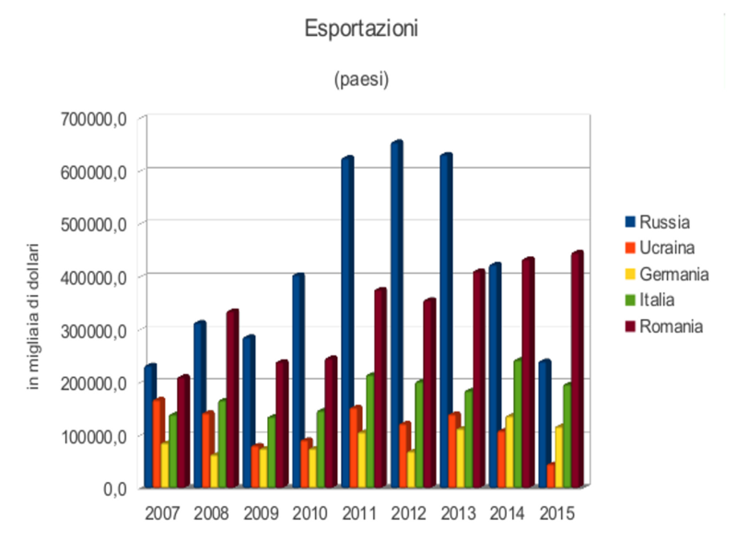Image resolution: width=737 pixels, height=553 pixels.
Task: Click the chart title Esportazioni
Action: tap(361, 29)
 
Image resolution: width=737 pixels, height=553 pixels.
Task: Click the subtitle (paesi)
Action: tap(361, 79)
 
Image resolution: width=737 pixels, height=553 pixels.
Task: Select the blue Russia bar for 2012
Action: tap(396, 313)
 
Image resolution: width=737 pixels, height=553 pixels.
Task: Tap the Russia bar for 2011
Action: tap(346, 323)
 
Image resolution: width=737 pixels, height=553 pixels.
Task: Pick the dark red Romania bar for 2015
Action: tap(577, 369)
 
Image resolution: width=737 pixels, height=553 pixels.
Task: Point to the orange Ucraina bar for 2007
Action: tap(158, 442)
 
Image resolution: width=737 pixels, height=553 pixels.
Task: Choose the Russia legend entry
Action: tap(658, 221)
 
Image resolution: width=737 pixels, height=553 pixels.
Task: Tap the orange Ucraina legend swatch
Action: tap(631, 248)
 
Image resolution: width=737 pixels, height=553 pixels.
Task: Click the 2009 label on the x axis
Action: tap(262, 512)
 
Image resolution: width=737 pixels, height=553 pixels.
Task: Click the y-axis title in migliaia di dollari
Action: tap(34, 316)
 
